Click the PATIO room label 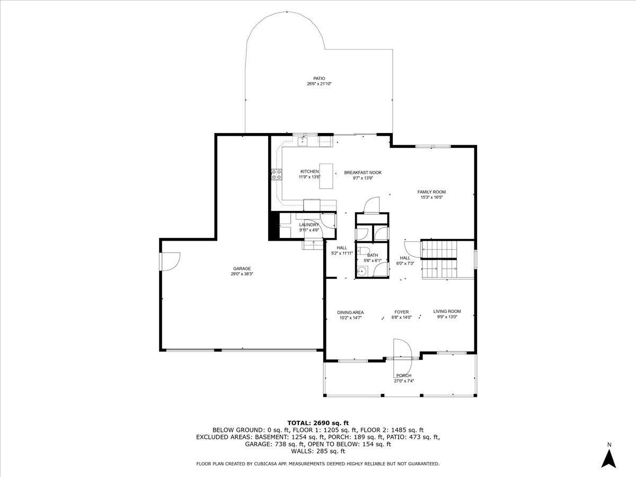(x=319, y=78)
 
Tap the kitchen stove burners (x=277, y=174)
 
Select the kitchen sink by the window (x=303, y=142)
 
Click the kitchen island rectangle (x=326, y=176)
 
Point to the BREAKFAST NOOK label (x=363, y=173)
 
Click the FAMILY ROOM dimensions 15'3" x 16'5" (x=431, y=198)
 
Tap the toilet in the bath (x=363, y=251)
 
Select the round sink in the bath (x=361, y=271)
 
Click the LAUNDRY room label (x=309, y=225)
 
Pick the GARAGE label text (x=242, y=269)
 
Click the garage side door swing (x=170, y=262)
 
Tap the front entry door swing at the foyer (x=402, y=357)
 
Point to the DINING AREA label (x=350, y=313)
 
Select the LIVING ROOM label (x=447, y=311)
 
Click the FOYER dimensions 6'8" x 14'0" (x=401, y=317)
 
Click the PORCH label (x=404, y=376)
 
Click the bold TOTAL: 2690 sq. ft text (x=318, y=423)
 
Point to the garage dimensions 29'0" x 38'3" (x=242, y=274)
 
